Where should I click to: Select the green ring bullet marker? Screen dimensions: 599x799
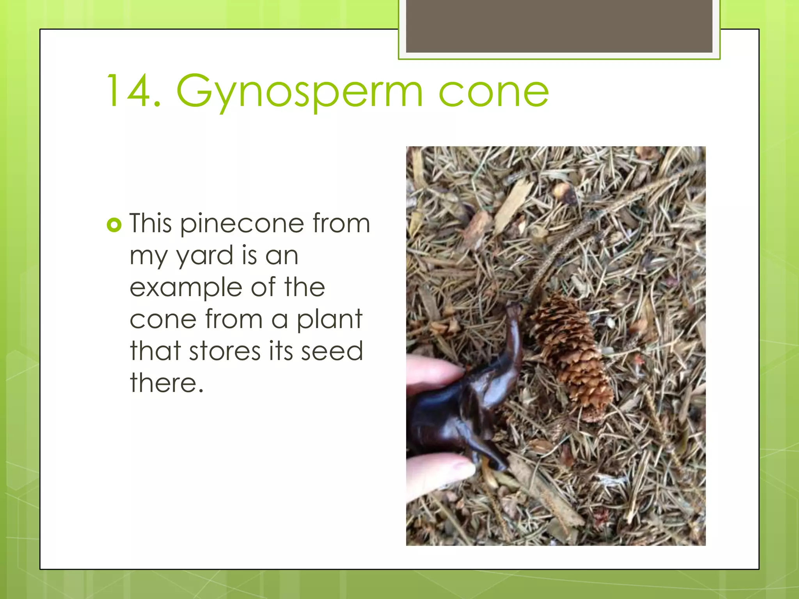tap(114, 225)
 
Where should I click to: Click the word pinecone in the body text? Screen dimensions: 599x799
tap(242, 224)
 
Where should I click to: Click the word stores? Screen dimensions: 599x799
tap(225, 351)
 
